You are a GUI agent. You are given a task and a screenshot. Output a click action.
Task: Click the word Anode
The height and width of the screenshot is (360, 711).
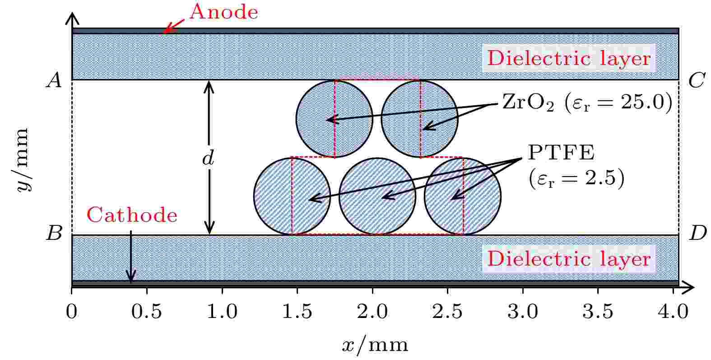tap(224, 12)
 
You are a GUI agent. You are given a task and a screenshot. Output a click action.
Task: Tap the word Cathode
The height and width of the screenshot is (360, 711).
tap(132, 215)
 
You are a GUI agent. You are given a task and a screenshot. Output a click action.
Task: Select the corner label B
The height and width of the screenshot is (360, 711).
tap(54, 233)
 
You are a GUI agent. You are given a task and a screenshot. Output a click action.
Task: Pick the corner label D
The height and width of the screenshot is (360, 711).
tap(697, 233)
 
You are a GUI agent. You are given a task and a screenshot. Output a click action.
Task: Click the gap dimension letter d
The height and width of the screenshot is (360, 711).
tap(208, 158)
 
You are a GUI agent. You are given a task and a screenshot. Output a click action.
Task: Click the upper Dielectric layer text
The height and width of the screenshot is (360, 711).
tap(569, 58)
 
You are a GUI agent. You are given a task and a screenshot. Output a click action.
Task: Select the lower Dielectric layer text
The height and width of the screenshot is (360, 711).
tap(569, 259)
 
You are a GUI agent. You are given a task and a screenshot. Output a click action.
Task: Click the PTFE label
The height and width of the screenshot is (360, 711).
tap(561, 153)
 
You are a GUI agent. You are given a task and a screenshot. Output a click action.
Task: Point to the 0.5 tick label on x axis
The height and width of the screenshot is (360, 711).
tap(146, 311)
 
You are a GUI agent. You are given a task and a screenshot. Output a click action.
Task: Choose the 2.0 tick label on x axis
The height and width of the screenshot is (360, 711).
tap(372, 311)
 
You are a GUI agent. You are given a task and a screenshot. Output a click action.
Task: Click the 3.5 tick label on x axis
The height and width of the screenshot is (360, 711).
tap(598, 311)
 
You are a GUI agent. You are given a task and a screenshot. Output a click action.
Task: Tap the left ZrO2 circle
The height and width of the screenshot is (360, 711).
tap(334, 119)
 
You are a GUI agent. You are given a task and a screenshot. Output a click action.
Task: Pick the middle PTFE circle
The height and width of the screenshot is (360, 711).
tap(377, 196)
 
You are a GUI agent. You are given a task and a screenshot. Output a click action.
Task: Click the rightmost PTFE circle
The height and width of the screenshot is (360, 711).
tap(463, 196)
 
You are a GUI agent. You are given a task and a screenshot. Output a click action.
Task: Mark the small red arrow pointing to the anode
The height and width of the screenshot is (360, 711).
tap(173, 26)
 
